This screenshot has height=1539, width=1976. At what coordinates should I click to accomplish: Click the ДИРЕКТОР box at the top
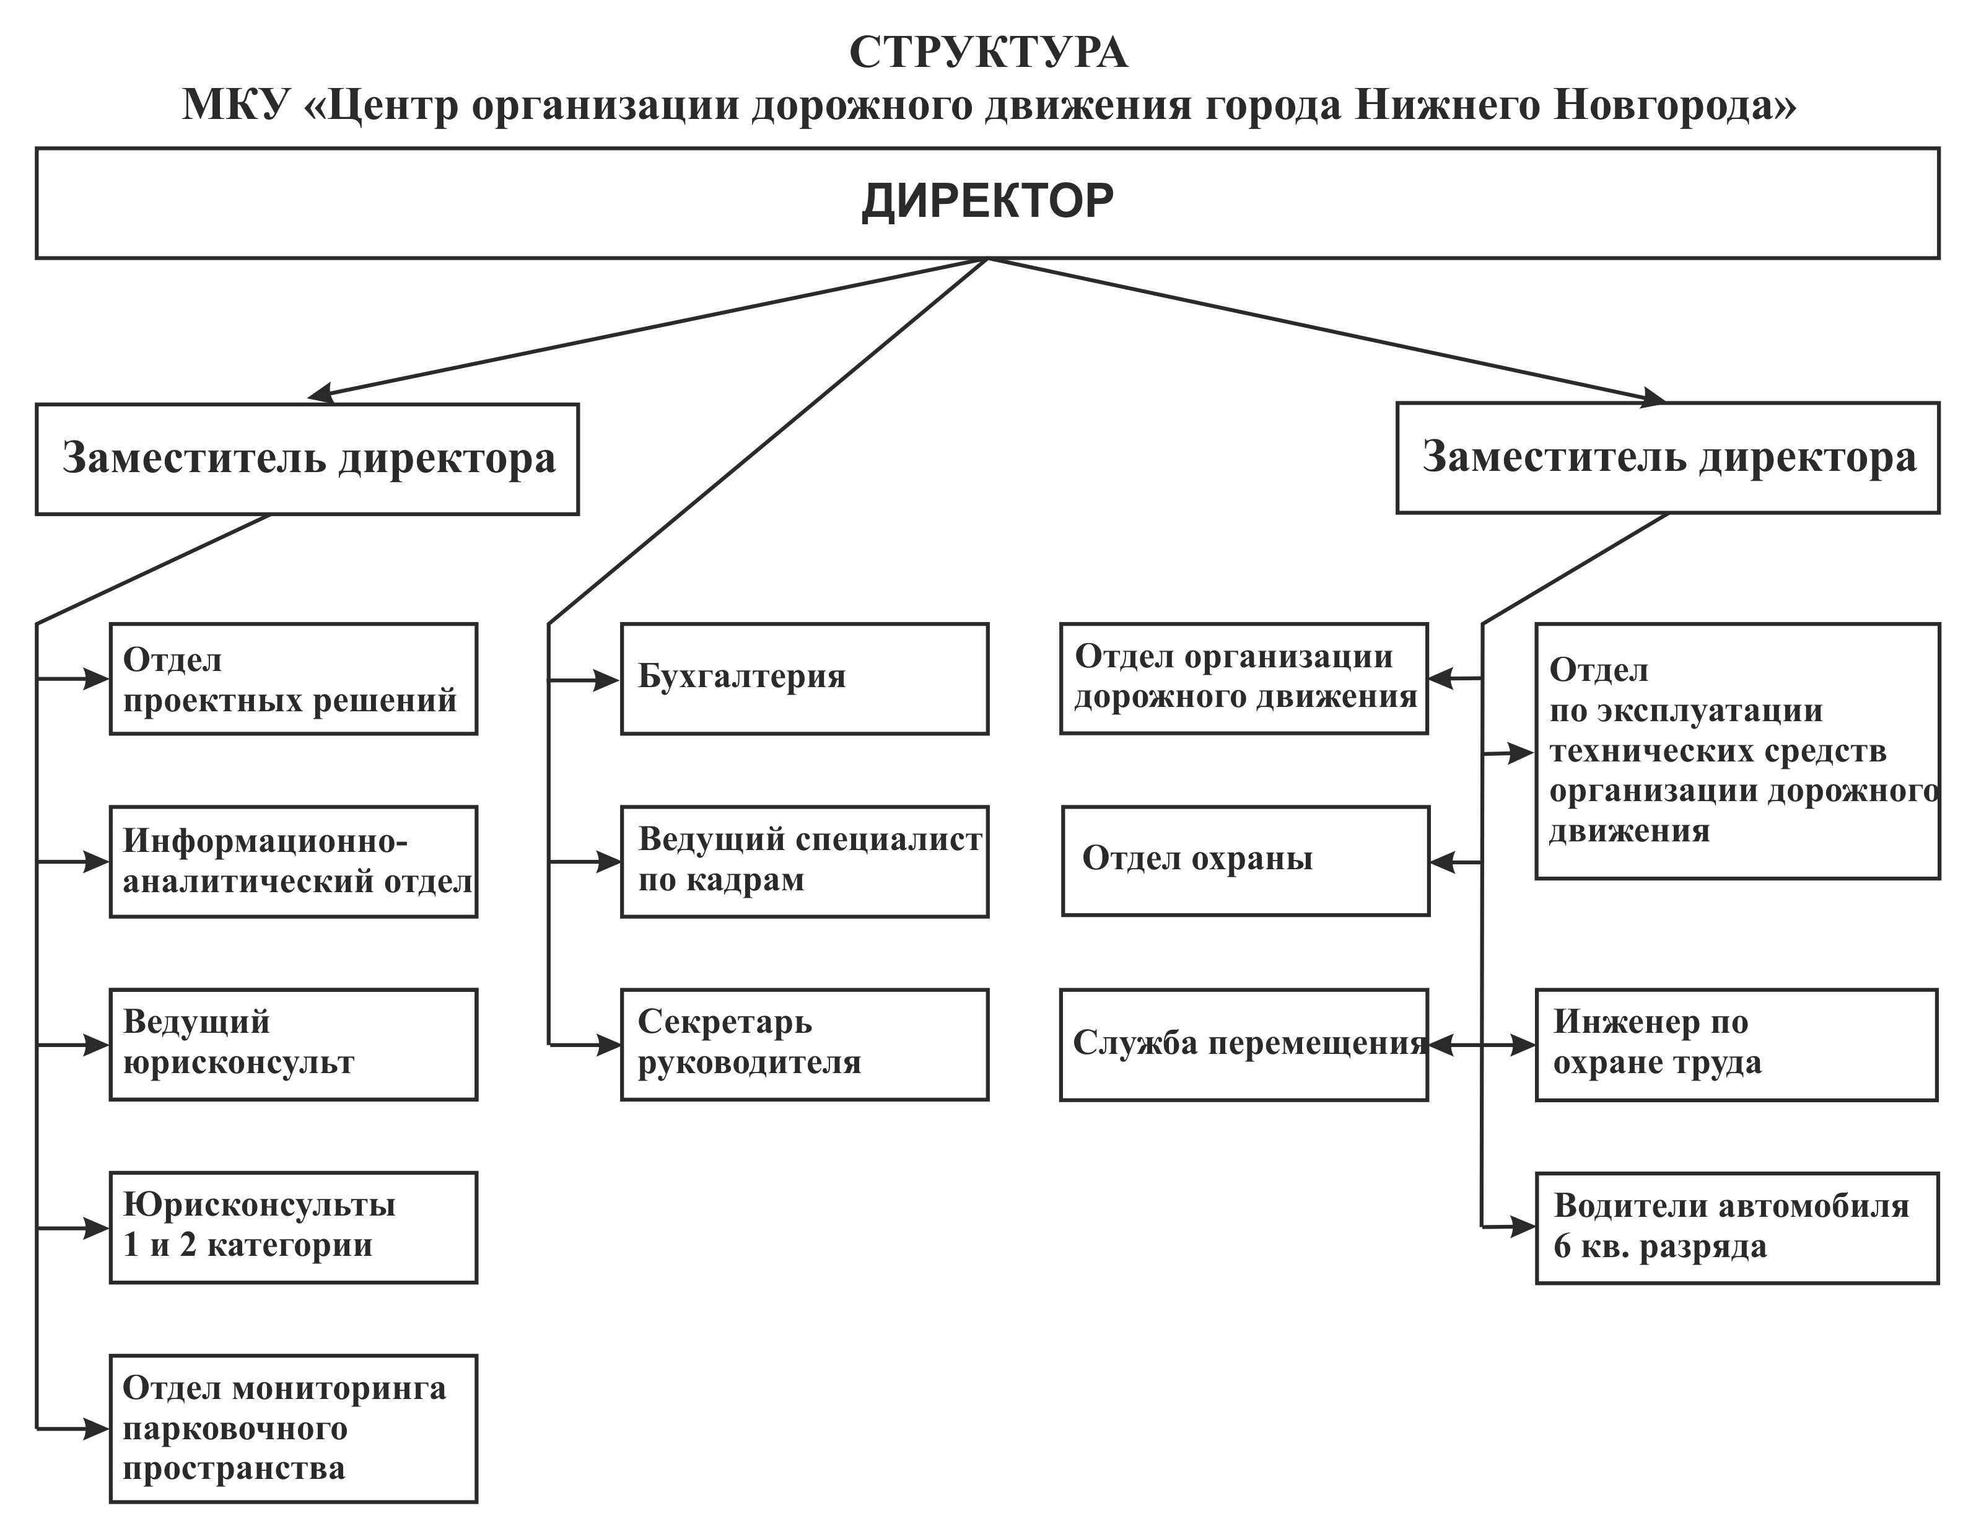pos(987,203)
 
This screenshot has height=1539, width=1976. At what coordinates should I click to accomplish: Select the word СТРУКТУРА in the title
pos(988,53)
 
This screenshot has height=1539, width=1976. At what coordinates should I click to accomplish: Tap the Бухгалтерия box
pos(804,678)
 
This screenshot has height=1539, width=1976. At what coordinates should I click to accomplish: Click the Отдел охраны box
pos(1246,861)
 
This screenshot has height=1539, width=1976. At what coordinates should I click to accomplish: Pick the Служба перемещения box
pos(1244,1045)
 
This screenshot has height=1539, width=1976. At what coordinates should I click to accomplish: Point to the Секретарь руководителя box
pos(804,1045)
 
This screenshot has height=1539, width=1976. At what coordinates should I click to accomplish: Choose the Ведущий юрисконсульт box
pos(293,1045)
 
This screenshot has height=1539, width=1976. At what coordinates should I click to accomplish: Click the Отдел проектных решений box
pos(293,678)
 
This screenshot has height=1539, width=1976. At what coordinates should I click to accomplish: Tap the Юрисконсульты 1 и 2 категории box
pos(293,1228)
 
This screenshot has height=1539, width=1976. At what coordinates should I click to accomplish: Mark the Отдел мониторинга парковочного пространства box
pos(293,1429)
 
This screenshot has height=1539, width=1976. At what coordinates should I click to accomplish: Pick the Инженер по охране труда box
pos(1737,1045)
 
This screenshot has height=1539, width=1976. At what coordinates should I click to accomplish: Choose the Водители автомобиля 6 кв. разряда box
pos(1737,1229)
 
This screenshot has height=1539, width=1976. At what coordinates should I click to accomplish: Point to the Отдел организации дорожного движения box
pos(1244,678)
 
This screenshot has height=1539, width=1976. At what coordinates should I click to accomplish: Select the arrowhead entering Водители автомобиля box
pos(1523,1228)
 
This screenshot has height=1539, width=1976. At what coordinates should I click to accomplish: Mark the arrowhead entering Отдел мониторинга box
pos(96,1429)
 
